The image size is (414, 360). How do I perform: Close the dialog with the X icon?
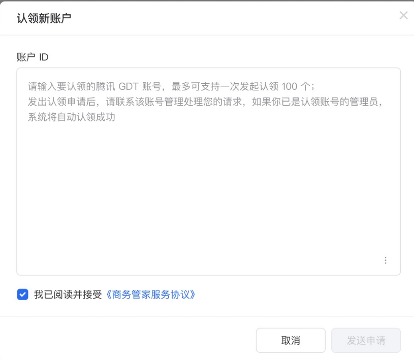tap(403, 16)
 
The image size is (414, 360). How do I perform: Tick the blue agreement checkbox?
tap(23, 294)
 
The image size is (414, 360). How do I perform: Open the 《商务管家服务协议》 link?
tap(150, 294)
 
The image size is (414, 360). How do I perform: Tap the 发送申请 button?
tap(366, 340)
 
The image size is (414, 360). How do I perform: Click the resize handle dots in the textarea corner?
tap(386, 260)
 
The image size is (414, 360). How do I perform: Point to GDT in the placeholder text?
tap(129, 86)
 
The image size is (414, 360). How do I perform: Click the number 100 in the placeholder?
tap(289, 86)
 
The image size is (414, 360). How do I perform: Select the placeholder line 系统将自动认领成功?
tap(72, 117)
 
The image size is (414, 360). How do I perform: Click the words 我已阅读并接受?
tap(68, 294)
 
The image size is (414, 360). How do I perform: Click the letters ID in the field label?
tap(44, 57)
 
